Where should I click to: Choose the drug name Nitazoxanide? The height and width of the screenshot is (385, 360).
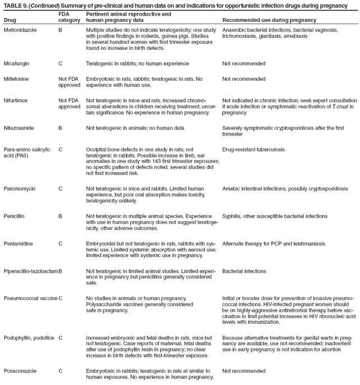[x=17, y=128]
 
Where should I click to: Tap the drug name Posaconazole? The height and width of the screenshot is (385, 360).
[x=17, y=371]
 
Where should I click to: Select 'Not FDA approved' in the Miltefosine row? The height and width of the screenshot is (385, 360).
[x=69, y=82]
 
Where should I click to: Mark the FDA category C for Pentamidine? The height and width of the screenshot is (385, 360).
[x=60, y=243]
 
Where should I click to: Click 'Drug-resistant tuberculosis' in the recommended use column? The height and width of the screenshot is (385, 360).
[x=253, y=149]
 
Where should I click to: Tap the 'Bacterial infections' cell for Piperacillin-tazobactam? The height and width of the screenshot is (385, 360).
[x=244, y=271]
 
